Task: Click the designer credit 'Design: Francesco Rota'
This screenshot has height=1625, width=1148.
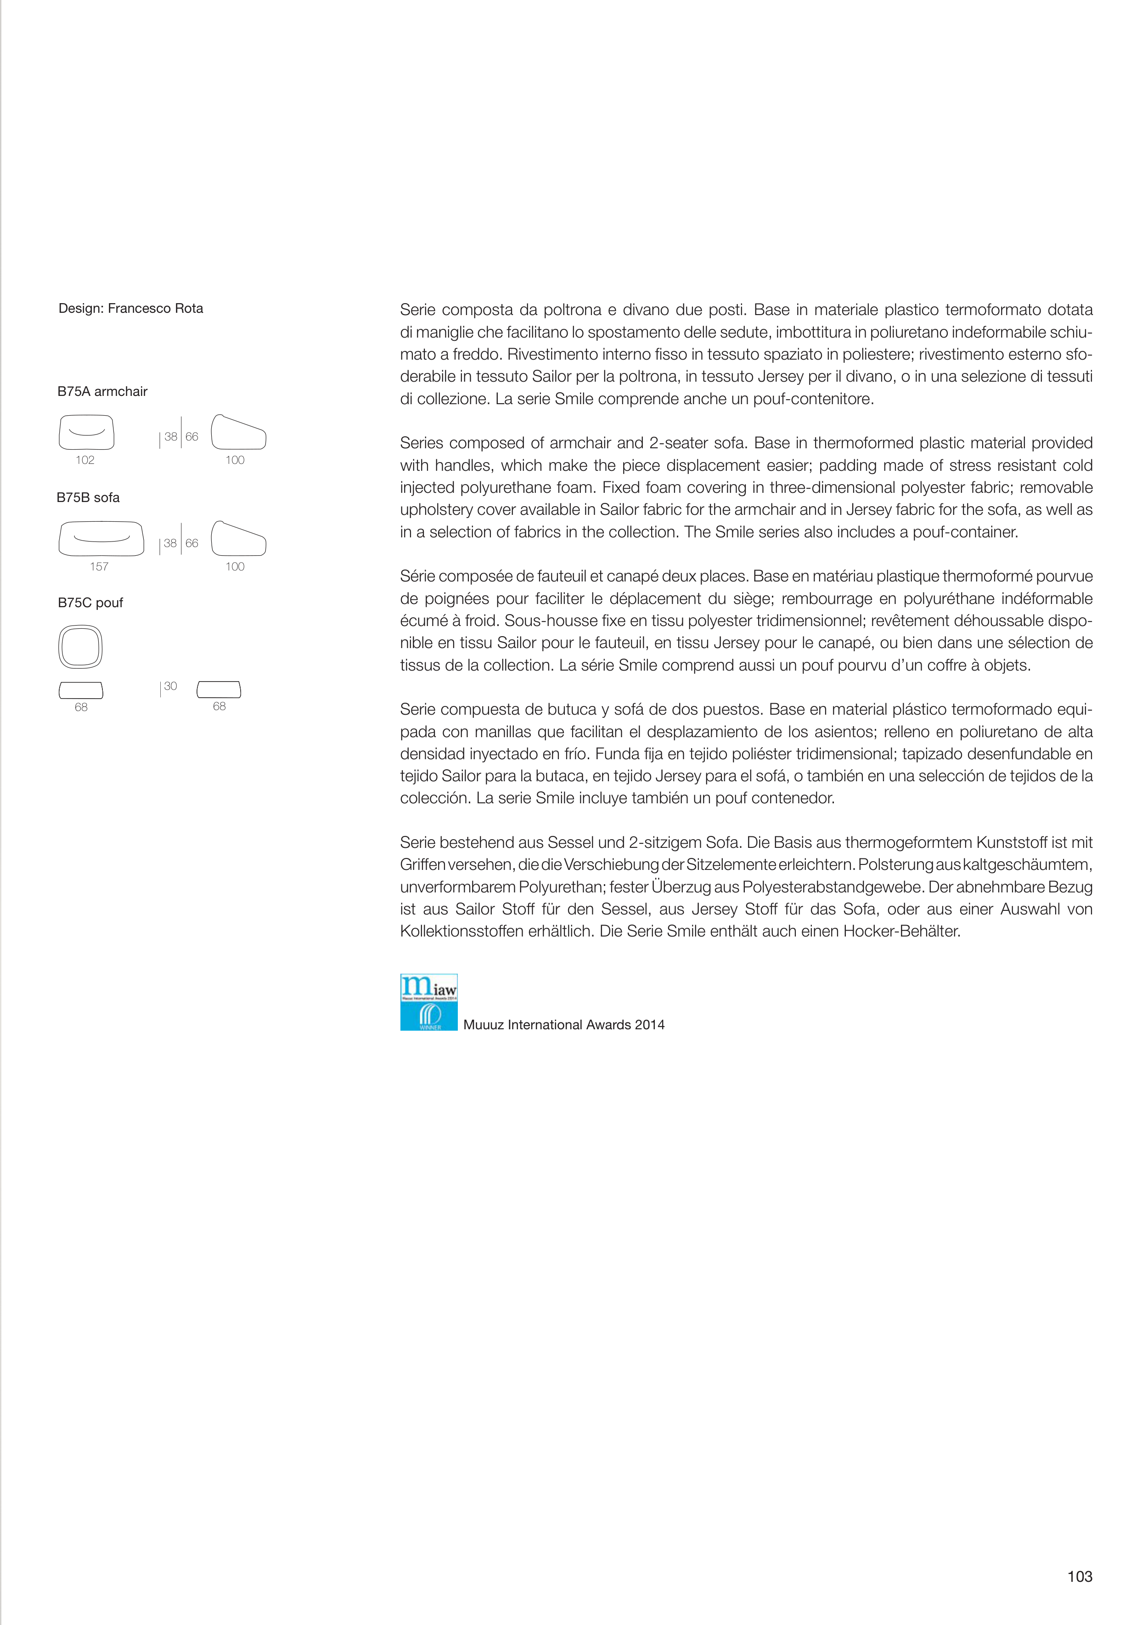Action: pyautogui.click(x=131, y=309)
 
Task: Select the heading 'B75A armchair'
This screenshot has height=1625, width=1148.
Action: pyautogui.click(x=102, y=391)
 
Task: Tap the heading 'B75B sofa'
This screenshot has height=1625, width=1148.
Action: pyautogui.click(x=89, y=497)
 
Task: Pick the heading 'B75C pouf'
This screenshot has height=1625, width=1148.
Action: pyautogui.click(x=90, y=603)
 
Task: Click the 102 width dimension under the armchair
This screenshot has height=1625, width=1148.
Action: pyautogui.click(x=85, y=460)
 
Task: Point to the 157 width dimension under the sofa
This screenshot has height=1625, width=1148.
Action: pyautogui.click(x=99, y=566)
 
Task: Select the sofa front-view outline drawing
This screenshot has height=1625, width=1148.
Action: pyautogui.click(x=101, y=539)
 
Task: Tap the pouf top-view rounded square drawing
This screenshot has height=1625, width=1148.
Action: pyautogui.click(x=81, y=647)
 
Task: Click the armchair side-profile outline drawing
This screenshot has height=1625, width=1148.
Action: pyautogui.click(x=238, y=433)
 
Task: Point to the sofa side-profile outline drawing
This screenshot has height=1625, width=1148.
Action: pyautogui.click(x=238, y=539)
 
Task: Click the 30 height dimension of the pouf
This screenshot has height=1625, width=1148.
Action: pyautogui.click(x=170, y=687)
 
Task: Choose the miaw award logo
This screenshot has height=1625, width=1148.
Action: pyautogui.click(x=429, y=1002)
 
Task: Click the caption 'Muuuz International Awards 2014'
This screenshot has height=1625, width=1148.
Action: pyautogui.click(x=564, y=1025)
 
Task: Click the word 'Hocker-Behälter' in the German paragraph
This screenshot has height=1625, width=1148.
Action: pyautogui.click(x=902, y=931)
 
